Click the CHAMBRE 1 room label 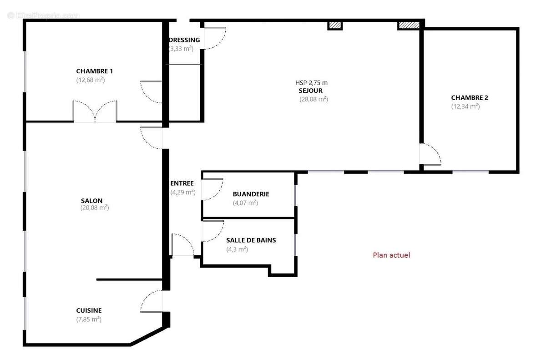coord(94,71)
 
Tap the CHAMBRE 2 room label coord(470,97)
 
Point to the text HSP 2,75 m coord(311,83)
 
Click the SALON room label coord(91,201)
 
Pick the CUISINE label coord(89,310)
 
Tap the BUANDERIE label coord(251,194)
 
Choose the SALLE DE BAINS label coord(251,240)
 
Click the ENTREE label coord(182,183)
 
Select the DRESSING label coord(185,40)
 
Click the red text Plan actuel coord(391,255)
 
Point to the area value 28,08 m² coord(313,99)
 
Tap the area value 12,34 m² coord(465,106)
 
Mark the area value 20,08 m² coord(95,208)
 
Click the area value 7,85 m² coord(89,319)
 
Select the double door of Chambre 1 coord(95,112)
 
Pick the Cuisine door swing coord(152,301)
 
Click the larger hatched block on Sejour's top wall coord(409,25)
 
